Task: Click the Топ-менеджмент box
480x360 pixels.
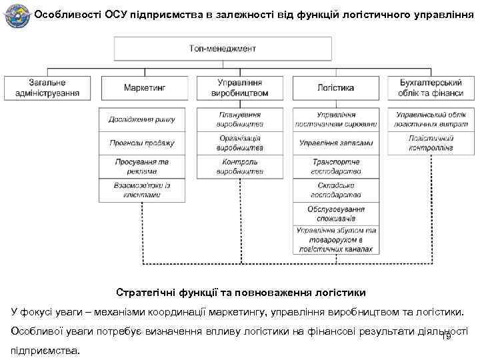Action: click(x=222, y=49)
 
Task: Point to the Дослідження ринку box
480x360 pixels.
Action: click(x=141, y=119)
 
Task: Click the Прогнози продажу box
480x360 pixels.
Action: click(x=141, y=143)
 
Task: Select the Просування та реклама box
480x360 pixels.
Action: click(x=141, y=167)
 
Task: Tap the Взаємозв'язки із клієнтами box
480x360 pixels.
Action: click(x=141, y=190)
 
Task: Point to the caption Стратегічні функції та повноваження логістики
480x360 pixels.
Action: click(x=241, y=292)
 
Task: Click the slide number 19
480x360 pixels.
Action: click(x=446, y=336)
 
